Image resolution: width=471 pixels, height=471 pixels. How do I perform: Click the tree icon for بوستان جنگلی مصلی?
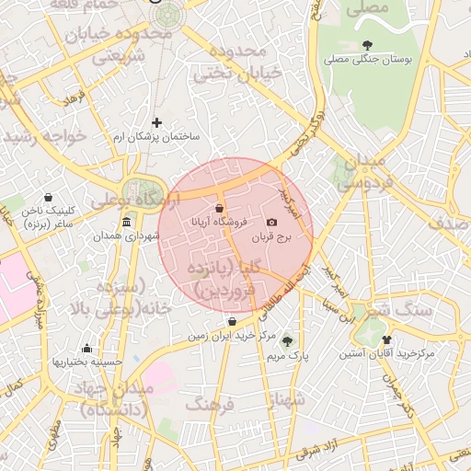pyautogui.click(x=368, y=45)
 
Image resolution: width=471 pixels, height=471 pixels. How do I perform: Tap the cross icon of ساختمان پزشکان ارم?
pyautogui.click(x=156, y=121)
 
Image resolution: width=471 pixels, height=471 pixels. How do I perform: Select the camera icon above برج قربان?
pyautogui.click(x=271, y=222)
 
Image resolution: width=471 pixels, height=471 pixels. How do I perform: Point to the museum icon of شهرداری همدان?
pyautogui.click(x=126, y=222)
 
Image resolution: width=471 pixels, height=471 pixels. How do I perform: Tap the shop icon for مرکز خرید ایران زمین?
pyautogui.click(x=230, y=322)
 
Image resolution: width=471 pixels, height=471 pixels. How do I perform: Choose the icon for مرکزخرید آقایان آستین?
pyautogui.click(x=399, y=339)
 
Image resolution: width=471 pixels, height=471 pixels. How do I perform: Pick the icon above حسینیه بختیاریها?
pyautogui.click(x=86, y=348)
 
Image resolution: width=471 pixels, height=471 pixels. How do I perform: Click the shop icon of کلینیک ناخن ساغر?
pyautogui.click(x=49, y=197)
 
